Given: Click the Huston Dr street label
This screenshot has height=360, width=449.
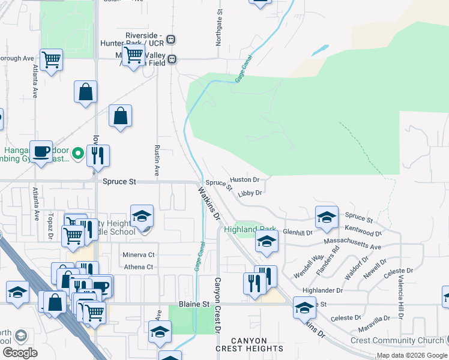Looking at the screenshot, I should click(244, 179).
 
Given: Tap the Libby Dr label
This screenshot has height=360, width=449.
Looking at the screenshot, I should click(250, 193).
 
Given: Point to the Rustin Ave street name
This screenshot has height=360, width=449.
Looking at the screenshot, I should click(157, 160).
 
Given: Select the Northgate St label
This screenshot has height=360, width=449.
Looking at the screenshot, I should click(219, 28).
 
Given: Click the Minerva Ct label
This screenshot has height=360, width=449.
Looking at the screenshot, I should click(139, 255).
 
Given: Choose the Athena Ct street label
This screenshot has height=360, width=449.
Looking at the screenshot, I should click(139, 267).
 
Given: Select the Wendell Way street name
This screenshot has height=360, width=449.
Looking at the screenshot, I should click(309, 266).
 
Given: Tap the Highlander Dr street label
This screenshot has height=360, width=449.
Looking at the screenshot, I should click(322, 290).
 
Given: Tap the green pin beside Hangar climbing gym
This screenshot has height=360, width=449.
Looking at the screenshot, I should click(77, 155).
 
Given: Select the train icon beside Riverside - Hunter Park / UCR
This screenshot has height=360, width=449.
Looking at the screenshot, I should click(171, 40).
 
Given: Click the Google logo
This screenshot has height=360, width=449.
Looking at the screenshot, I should click(20, 352).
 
